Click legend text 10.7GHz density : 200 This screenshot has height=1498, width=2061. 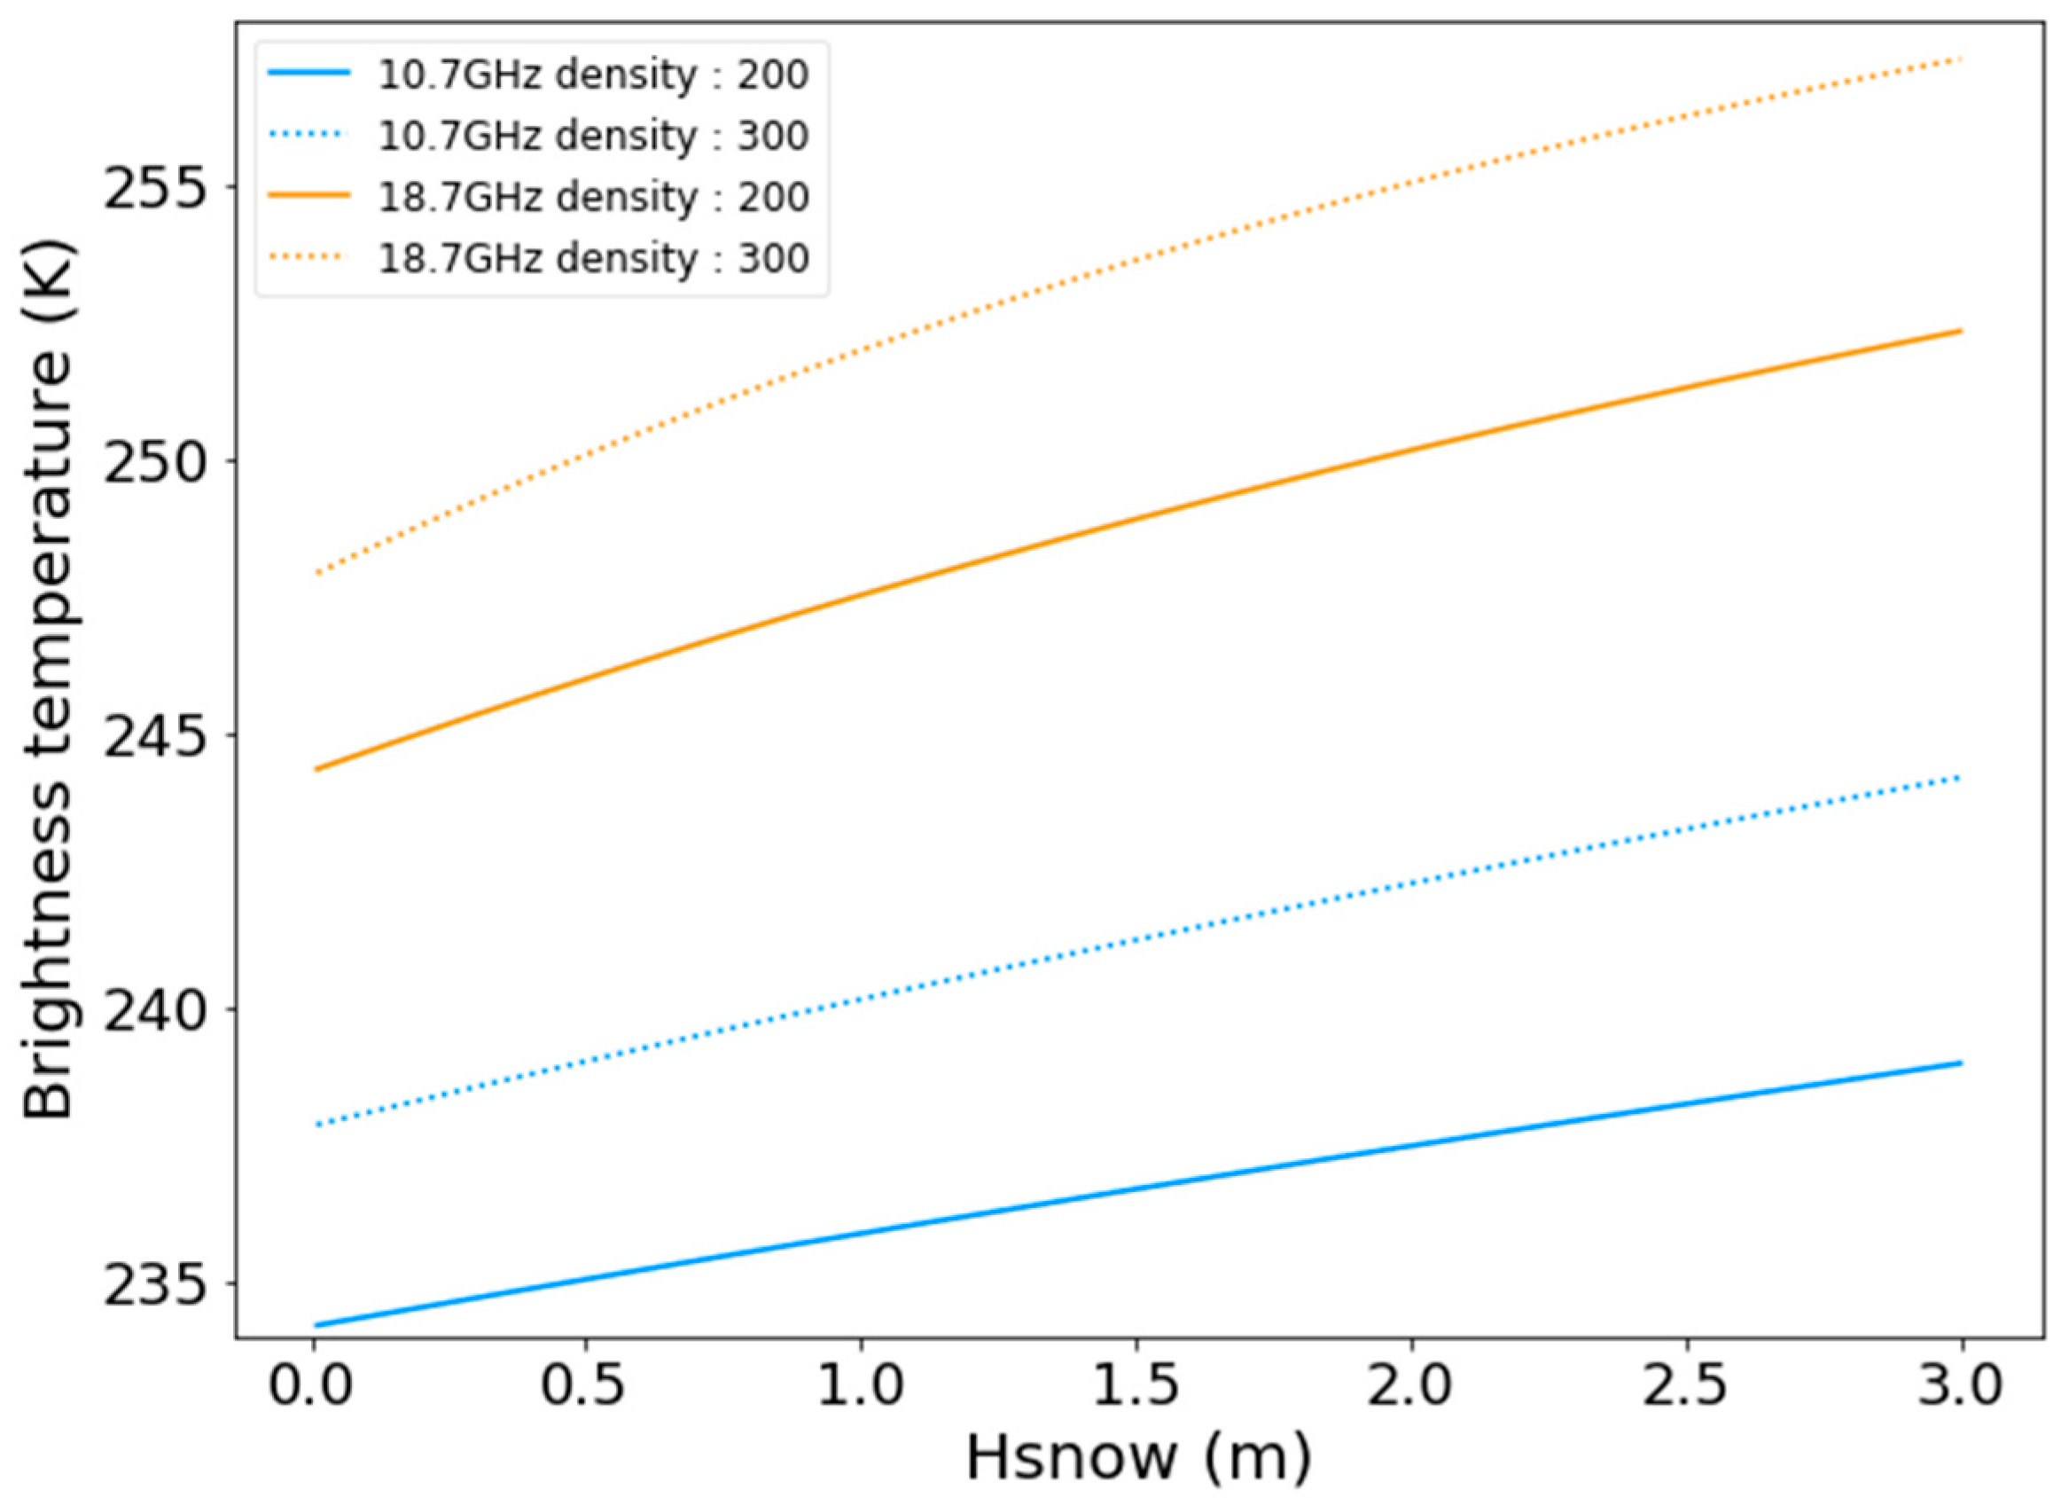(593, 75)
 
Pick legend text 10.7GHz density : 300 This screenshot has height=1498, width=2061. (593, 136)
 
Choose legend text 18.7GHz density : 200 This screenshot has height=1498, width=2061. (593, 197)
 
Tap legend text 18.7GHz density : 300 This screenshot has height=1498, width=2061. (593, 258)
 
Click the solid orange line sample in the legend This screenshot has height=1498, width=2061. (309, 196)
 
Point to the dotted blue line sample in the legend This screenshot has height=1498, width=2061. (309, 135)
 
